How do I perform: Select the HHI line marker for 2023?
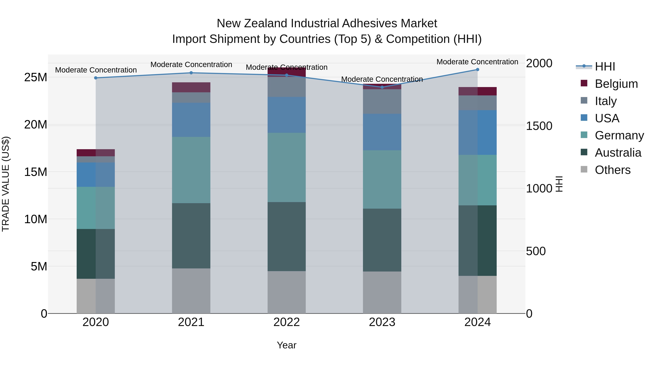pos(382,87)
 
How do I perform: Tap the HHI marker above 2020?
pos(96,78)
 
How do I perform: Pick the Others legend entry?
pos(612,170)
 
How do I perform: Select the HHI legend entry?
pos(605,67)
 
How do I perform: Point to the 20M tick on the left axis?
pos(36,125)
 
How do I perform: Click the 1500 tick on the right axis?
pos(539,126)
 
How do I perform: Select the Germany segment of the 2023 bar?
pos(382,179)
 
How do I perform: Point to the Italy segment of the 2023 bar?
pos(382,101)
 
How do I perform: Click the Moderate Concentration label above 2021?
pos(191,65)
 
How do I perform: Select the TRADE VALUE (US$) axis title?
pos(6,184)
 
